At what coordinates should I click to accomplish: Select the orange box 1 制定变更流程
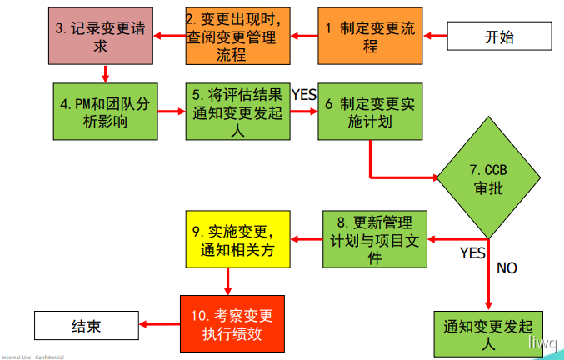click(370, 37)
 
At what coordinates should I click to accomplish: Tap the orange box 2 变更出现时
click(239, 37)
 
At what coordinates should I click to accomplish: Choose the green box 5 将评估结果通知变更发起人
click(239, 112)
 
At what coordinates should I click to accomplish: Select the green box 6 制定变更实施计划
click(370, 112)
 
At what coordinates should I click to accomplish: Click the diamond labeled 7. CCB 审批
click(488, 178)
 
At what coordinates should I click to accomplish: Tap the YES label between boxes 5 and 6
click(304, 95)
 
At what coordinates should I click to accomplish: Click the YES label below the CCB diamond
click(472, 252)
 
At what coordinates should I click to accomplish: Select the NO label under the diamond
click(507, 267)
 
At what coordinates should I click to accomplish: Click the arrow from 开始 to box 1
click(437, 36)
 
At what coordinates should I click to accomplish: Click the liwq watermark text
click(546, 341)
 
